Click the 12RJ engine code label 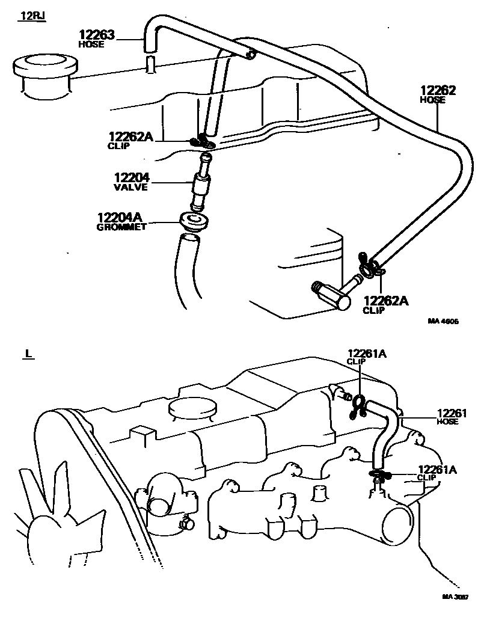(x=31, y=16)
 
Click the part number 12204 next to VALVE (x=132, y=178)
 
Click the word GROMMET (x=121, y=227)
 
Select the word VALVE (x=132, y=187)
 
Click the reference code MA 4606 (x=443, y=321)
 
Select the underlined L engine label (x=28, y=353)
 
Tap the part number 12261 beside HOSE (x=452, y=413)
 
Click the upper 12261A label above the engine (x=366, y=354)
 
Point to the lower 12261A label (x=437, y=470)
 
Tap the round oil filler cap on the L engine (x=192, y=408)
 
